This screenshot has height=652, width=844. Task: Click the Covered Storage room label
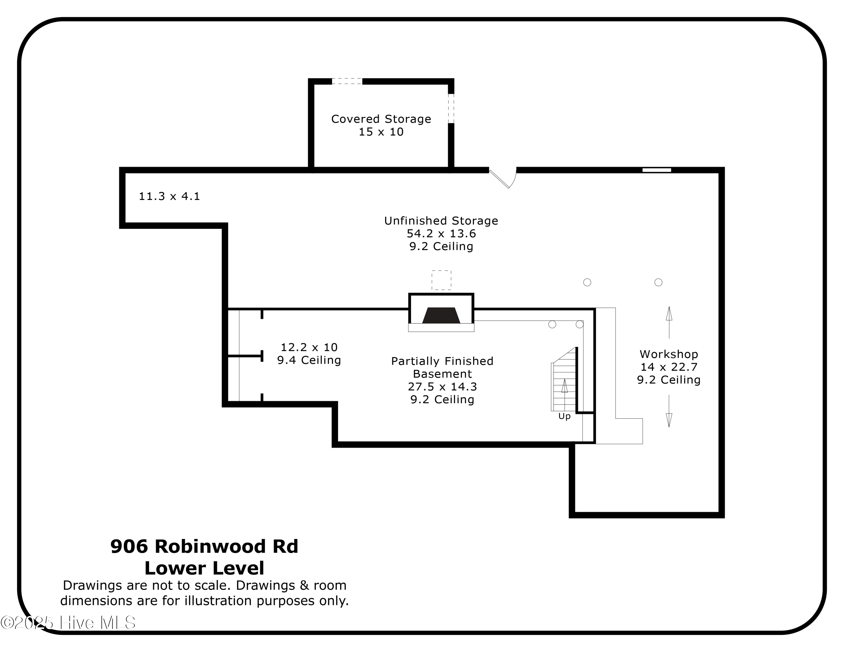tap(381, 119)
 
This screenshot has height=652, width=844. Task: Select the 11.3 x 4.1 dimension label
tap(169, 197)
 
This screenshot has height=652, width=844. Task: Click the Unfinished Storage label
tap(441, 221)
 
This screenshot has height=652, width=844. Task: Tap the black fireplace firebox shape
tap(441, 316)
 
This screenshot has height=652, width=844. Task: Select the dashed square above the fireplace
tap(441, 280)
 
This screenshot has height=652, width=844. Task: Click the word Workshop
tap(668, 354)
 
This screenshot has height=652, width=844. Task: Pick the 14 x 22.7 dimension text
tap(668, 367)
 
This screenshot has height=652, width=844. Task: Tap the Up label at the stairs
tap(564, 416)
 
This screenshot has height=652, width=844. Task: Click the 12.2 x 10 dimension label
tap(309, 347)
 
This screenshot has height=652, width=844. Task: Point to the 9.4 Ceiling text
tap(309, 360)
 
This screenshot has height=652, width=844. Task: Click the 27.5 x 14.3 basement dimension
tap(442, 387)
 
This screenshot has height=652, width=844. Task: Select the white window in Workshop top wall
tap(657, 170)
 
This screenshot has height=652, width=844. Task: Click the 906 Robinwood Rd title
tap(204, 547)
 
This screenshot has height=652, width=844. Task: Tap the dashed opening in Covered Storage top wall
tap(347, 81)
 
